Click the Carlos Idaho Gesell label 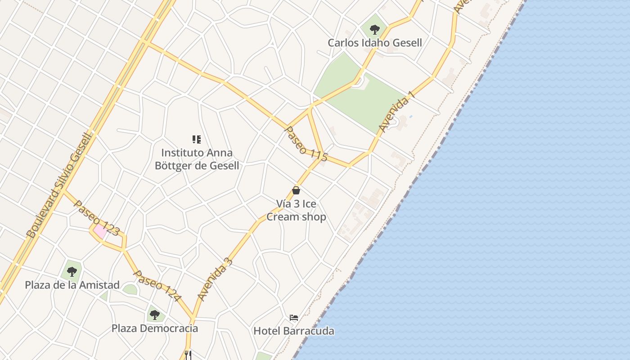pos(374,43)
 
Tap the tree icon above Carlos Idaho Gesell pos(374,30)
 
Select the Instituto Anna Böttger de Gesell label pos(197,159)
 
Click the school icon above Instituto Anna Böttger pos(197,139)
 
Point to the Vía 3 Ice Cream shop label pos(296,210)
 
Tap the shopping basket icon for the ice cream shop pos(296,190)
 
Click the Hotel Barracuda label pos(294,331)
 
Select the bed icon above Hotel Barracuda pos(294,318)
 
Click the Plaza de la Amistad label pos(72,285)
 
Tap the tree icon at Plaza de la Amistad pos(72,271)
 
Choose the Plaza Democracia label pos(154,328)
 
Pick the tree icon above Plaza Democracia pos(154,315)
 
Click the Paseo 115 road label pos(306,141)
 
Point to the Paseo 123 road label pos(96,218)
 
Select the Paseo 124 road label pos(157,286)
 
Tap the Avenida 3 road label pos(215,279)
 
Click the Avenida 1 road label pos(396,113)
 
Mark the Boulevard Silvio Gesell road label pos(59,185)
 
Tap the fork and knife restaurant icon pos(188,355)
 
